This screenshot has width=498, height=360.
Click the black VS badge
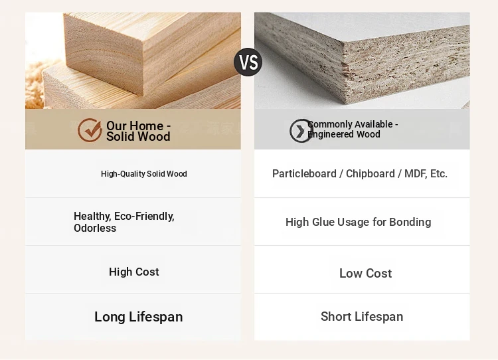pyautogui.click(x=248, y=62)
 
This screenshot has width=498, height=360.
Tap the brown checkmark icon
pyautogui.click(x=90, y=130)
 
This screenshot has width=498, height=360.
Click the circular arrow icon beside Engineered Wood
pyautogui.click(x=301, y=131)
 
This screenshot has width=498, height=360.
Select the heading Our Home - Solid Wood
pyautogui.click(x=138, y=131)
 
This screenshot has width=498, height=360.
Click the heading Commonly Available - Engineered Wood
pyautogui.click(x=353, y=129)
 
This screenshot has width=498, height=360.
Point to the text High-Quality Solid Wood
pyautogui.click(x=144, y=174)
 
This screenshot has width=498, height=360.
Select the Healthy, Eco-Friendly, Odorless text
pyautogui.click(x=124, y=222)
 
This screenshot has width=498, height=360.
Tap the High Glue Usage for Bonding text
pyautogui.click(x=359, y=222)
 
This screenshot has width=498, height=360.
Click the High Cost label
pyautogui.click(x=133, y=272)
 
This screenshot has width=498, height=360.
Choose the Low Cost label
pyautogui.click(x=366, y=273)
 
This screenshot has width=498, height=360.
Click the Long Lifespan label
pyautogui.click(x=139, y=317)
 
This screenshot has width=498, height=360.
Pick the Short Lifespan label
pyautogui.click(x=362, y=316)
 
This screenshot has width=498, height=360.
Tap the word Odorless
pyautogui.click(x=95, y=228)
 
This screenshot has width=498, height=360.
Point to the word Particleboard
pyautogui.click(x=304, y=174)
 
